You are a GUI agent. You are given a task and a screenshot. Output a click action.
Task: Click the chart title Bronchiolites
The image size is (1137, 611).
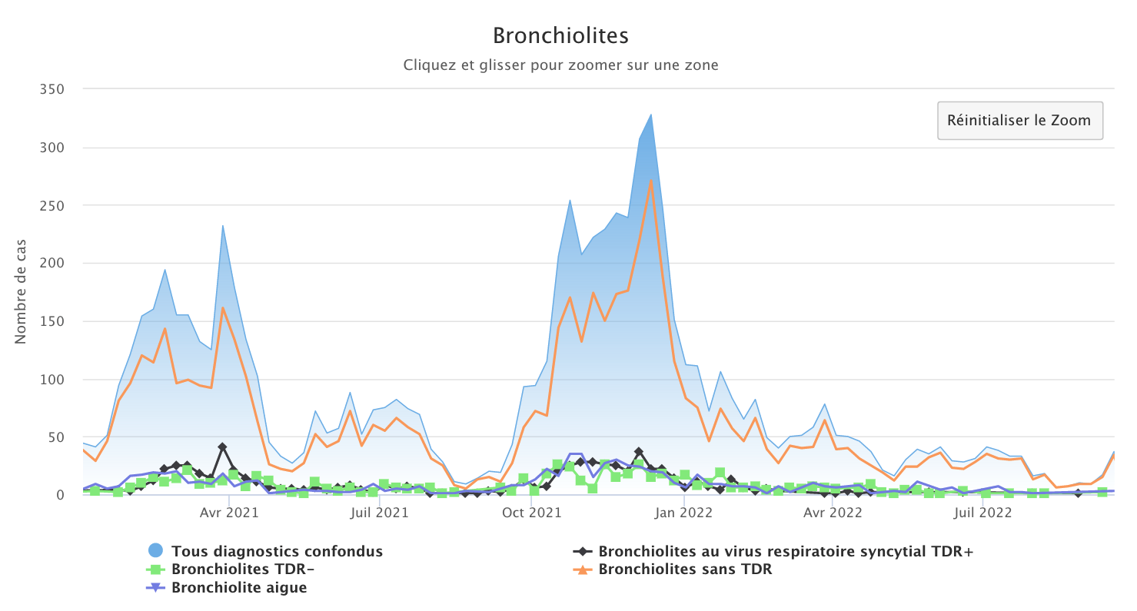(560, 36)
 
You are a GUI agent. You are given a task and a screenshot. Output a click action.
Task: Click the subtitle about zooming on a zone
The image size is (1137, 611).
(560, 65)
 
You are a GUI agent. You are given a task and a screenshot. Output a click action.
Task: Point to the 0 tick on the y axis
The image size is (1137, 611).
(58, 495)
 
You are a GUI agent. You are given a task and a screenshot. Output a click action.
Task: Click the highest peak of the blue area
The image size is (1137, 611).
(651, 115)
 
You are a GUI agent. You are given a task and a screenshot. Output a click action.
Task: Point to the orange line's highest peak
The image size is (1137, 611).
(651, 181)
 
